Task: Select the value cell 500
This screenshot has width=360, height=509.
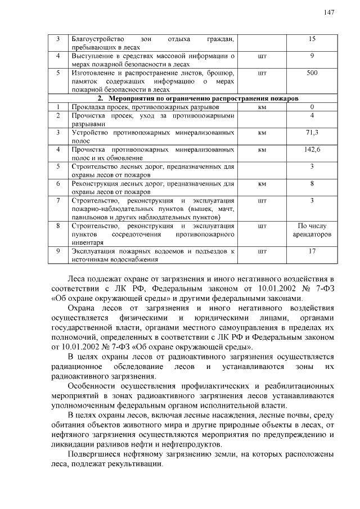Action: [312, 73]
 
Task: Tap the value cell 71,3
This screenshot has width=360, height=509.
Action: [312, 133]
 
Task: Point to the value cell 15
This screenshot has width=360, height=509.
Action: [312, 39]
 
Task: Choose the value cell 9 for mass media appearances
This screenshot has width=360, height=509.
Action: [312, 56]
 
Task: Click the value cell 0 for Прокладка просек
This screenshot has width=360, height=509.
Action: [312, 107]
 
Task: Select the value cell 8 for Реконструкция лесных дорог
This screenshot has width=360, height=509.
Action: [312, 183]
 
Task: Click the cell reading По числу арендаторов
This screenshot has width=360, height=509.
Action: [312, 229]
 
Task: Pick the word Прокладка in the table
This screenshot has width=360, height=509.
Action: [85, 107]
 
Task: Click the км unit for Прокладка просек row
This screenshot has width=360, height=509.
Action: [262, 107]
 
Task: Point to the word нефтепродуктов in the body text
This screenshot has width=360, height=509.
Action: [186, 444]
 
